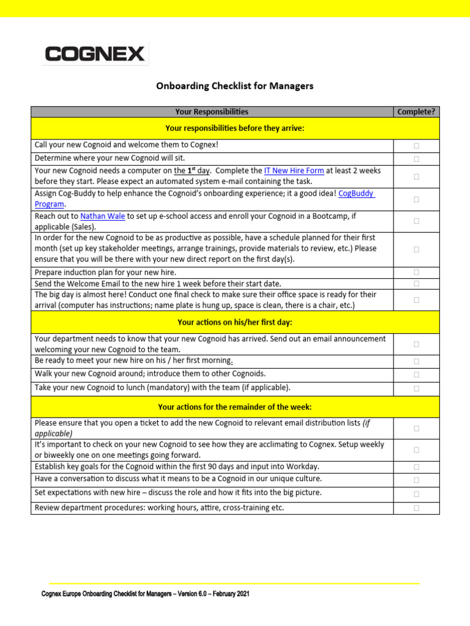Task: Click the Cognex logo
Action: click(95, 54)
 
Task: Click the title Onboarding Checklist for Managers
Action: click(235, 86)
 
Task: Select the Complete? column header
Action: click(416, 111)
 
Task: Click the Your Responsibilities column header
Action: click(212, 111)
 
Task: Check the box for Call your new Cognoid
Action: click(416, 145)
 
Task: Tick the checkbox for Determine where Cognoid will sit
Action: click(416, 158)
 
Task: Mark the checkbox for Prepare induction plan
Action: click(416, 272)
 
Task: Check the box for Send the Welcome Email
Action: click(416, 284)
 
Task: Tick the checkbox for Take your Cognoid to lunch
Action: click(416, 388)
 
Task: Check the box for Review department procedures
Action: click(416, 508)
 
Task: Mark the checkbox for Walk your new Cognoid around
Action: click(416, 375)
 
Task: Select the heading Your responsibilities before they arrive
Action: click(235, 128)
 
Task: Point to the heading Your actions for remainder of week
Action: click(235, 407)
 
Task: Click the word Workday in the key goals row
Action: click(302, 467)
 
